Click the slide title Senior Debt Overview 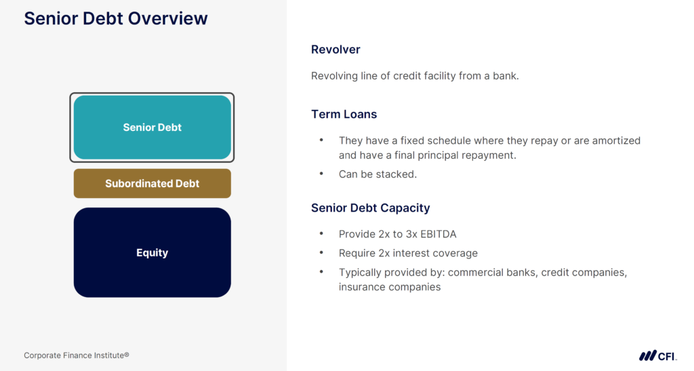pyautogui.click(x=116, y=18)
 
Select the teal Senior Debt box pyautogui.click(x=152, y=128)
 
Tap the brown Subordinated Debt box pyautogui.click(x=152, y=184)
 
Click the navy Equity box pyautogui.click(x=152, y=253)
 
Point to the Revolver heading pyautogui.click(x=335, y=50)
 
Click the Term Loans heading pyautogui.click(x=344, y=114)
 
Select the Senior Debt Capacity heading pyautogui.click(x=370, y=208)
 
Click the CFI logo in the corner pyautogui.click(x=657, y=355)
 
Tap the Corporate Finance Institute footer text pyautogui.click(x=77, y=355)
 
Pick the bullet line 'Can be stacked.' pyautogui.click(x=377, y=174)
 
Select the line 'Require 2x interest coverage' pyautogui.click(x=408, y=253)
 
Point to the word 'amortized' pyautogui.click(x=616, y=141)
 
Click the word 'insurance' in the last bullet pyautogui.click(x=361, y=287)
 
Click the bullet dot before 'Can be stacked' pyautogui.click(x=321, y=174)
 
